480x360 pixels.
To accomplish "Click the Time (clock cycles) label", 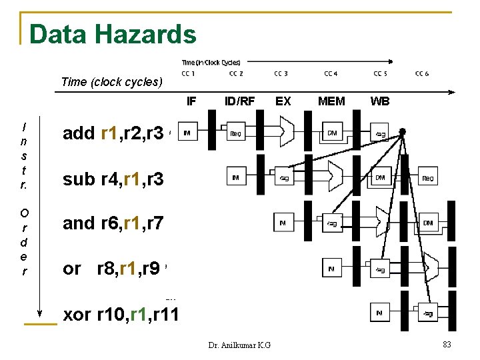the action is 111,82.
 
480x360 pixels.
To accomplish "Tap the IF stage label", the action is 191,101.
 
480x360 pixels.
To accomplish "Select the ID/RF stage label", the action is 240,101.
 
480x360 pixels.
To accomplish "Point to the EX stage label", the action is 283,101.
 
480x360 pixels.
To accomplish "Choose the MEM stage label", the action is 331,101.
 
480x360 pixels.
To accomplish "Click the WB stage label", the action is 380,101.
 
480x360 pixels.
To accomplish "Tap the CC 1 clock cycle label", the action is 189,73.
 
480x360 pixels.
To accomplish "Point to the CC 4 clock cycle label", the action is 331,73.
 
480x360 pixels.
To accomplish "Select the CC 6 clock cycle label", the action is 422,73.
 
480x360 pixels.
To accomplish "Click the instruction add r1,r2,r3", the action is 113,133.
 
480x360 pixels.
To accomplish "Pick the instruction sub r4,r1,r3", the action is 113,179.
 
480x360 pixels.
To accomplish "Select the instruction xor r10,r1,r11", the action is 120,313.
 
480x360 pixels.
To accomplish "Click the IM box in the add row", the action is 187,133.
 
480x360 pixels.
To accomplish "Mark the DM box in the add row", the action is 332,133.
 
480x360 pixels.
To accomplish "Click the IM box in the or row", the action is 332,269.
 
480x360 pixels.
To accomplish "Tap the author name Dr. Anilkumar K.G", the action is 239,345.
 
